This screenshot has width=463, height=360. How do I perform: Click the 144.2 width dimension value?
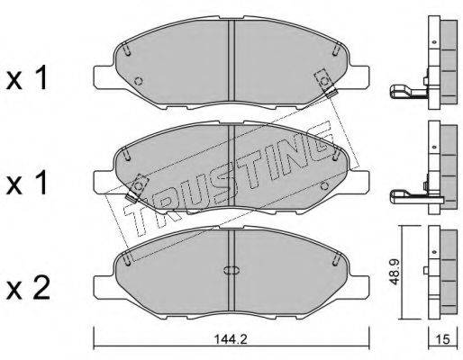coord(231,339)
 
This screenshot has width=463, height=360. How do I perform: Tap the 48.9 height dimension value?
coord(395,272)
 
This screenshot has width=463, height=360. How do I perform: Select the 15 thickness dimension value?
coord(443,339)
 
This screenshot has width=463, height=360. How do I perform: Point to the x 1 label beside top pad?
coord(27,77)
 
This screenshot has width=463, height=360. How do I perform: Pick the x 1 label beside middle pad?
coord(27,182)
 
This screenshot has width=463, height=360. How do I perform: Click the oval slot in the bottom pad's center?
coord(231,270)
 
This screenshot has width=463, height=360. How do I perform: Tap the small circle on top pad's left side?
coord(139,81)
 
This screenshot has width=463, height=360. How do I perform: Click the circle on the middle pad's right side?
coord(324,186)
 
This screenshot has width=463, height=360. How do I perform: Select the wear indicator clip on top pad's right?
coord(326,83)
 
